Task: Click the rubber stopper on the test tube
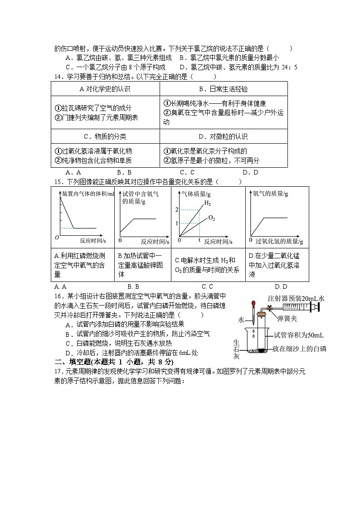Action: [x=262, y=315]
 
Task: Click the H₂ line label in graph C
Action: [x=207, y=203]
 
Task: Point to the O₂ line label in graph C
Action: [x=211, y=218]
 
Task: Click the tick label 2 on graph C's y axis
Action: [x=177, y=209]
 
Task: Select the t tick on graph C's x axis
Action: [x=199, y=239]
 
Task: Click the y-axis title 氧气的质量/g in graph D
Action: [x=270, y=194]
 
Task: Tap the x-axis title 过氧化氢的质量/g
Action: [x=279, y=240]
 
